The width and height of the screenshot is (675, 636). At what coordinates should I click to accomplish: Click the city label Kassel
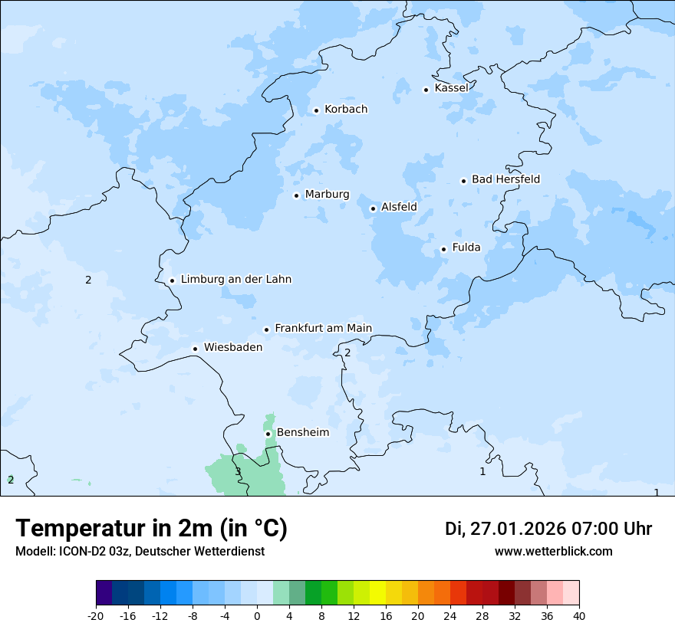[x=451, y=88]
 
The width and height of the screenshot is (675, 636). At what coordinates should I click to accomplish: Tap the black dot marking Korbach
[x=316, y=110]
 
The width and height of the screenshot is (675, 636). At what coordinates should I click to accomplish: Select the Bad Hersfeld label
[x=505, y=179]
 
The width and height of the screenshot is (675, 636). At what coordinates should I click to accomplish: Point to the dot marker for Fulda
[x=443, y=249]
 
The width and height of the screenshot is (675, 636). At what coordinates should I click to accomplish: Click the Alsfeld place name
[x=399, y=207]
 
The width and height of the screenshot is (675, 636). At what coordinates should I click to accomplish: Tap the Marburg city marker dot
[x=296, y=195]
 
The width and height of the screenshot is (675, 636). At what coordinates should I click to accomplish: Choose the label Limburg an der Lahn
[x=235, y=280]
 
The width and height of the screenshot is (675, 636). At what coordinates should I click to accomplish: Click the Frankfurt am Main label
[x=323, y=328]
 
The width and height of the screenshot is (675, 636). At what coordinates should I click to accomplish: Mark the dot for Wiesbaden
[x=196, y=349]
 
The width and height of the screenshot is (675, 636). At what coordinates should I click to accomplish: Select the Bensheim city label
[x=302, y=432]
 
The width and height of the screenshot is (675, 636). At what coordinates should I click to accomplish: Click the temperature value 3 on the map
[x=238, y=471]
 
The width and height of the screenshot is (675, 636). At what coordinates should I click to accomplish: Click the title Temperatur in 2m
[x=151, y=529]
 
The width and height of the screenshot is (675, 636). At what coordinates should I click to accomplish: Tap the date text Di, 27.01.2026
[x=505, y=529]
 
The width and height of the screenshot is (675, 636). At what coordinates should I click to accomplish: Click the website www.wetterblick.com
[x=553, y=552]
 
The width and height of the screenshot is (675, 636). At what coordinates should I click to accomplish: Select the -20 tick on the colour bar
[x=96, y=616]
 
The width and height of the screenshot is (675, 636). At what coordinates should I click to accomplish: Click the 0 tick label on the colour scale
[x=257, y=616]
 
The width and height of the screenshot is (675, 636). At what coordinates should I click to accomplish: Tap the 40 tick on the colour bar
[x=579, y=616]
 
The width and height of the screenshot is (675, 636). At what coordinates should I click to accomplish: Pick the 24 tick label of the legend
[x=450, y=616]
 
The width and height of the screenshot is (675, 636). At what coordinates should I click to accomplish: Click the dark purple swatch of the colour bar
[x=104, y=593]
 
